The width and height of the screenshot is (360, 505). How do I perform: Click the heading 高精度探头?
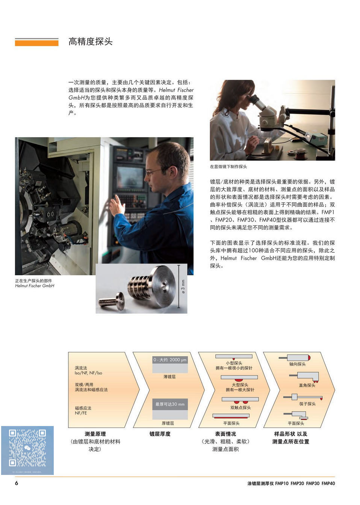(x=90, y=41)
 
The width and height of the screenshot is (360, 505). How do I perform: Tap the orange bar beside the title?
(x=36, y=42)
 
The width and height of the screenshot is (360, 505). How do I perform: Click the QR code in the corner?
(x=27, y=448)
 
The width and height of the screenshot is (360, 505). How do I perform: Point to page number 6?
(x=17, y=483)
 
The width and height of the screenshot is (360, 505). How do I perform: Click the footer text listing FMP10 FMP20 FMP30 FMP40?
(x=291, y=484)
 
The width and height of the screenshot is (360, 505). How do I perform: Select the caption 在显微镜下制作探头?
(x=228, y=167)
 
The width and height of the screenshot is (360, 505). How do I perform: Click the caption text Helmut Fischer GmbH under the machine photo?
(x=35, y=286)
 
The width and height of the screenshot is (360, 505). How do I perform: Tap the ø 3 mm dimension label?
(x=183, y=287)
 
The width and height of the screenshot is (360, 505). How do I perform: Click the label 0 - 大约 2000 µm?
(x=170, y=360)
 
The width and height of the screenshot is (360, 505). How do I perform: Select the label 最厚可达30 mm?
(x=170, y=404)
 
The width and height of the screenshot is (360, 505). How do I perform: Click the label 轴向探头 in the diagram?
(x=297, y=364)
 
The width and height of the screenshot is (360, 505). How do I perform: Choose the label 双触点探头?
(x=241, y=408)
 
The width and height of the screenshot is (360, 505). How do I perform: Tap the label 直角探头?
(x=307, y=385)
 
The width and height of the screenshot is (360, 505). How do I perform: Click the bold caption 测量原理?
(x=95, y=434)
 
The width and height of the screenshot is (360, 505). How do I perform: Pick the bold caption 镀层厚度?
(x=160, y=434)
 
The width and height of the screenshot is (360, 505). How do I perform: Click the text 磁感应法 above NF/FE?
(x=83, y=408)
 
